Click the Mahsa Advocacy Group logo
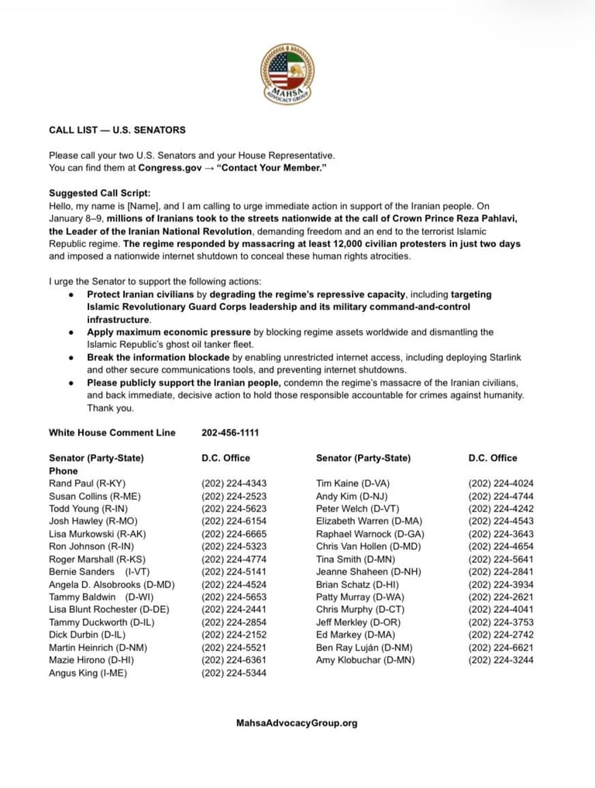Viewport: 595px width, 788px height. click(x=287, y=75)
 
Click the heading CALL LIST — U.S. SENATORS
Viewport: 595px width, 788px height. click(x=117, y=130)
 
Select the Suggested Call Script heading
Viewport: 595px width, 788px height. click(x=100, y=193)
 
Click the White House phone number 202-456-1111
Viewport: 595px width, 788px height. click(x=230, y=432)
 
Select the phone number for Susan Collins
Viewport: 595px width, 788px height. click(x=234, y=496)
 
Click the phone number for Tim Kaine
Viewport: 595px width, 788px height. click(x=500, y=483)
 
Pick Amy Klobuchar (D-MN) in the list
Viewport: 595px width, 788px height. click(x=365, y=660)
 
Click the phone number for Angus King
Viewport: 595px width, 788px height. click(x=234, y=673)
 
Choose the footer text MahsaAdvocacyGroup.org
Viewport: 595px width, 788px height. click(x=297, y=723)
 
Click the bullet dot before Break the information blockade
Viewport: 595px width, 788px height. click(x=71, y=358)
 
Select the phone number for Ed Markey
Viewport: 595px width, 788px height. click(x=500, y=635)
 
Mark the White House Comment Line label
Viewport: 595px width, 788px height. click(x=112, y=432)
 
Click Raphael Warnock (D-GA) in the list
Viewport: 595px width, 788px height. click(x=370, y=534)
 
